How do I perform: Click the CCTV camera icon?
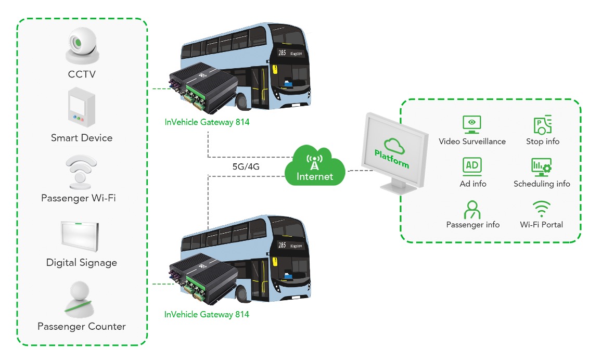pyautogui.click(x=82, y=46)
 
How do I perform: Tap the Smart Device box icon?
pyautogui.click(x=82, y=107)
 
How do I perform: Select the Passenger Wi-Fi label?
pyautogui.click(x=79, y=198)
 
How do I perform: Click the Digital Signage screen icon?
pyautogui.click(x=80, y=236)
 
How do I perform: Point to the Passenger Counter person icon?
pyautogui.click(x=80, y=300)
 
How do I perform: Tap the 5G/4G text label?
pyautogui.click(x=246, y=166)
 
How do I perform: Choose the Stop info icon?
pyautogui.click(x=542, y=125)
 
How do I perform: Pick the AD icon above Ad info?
pyautogui.click(x=472, y=166)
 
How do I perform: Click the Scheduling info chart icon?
pyautogui.click(x=541, y=166)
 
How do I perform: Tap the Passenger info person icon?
pyautogui.click(x=472, y=210)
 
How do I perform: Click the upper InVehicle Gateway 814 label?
pyautogui.click(x=207, y=122)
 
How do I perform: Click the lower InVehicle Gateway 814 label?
pyautogui.click(x=207, y=314)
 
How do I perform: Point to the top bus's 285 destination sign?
pyautogui.click(x=290, y=53)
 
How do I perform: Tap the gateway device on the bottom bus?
pyautogui.click(x=203, y=278)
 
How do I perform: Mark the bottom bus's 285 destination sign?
pyautogui.click(x=290, y=245)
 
